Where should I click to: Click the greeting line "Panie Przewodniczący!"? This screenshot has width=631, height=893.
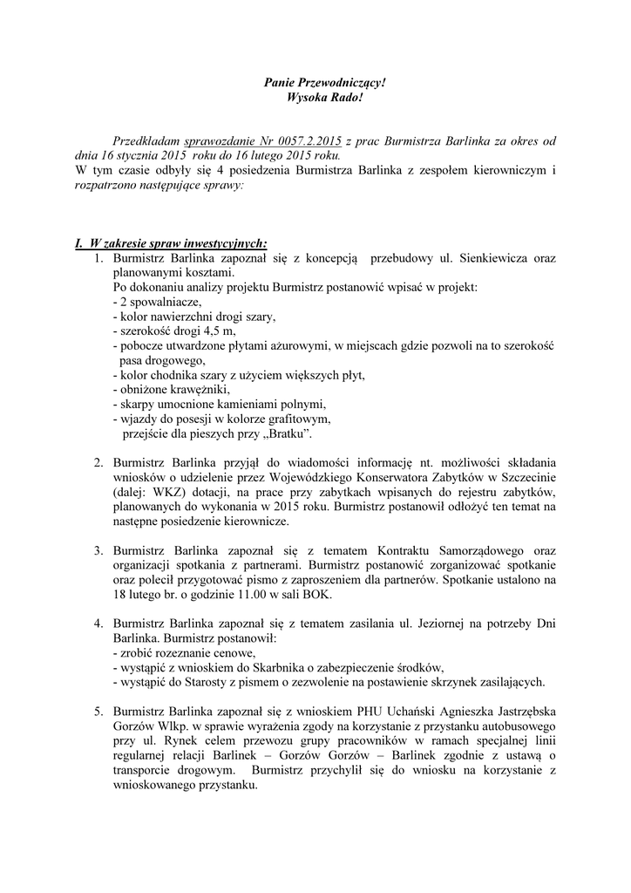click(x=323, y=82)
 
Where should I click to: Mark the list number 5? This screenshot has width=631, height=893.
click(x=98, y=712)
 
